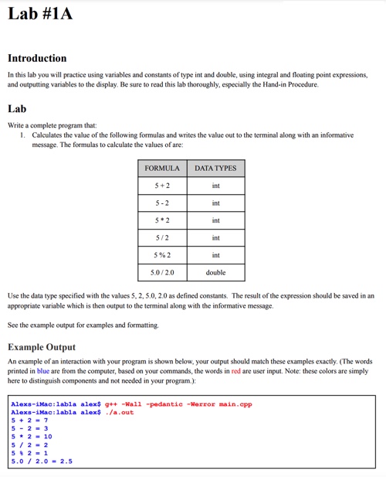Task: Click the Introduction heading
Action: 37,58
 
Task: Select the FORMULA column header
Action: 162,168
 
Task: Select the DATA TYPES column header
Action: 215,168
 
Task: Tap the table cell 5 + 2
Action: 162,186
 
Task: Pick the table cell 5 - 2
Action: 162,203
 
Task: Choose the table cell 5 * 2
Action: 162,220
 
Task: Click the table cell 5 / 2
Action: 162,238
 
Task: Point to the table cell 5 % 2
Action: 162,255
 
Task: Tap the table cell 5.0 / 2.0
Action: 162,273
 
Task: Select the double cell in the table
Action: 215,273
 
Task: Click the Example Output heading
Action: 42,347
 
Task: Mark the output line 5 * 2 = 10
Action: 32,437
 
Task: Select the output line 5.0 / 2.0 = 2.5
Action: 42,462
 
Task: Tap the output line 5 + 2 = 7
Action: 29,421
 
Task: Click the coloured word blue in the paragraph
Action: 43,371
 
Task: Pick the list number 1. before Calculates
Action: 23,135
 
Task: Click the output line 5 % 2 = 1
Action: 29,453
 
